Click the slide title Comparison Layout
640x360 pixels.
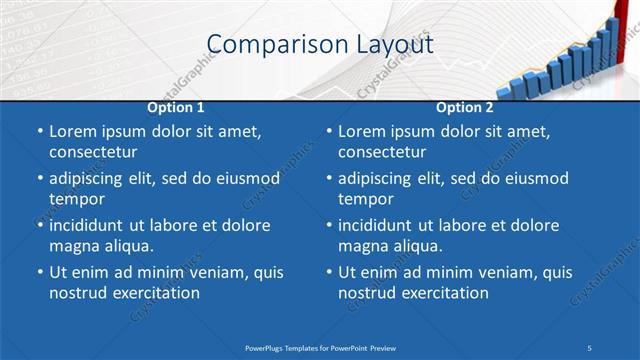pyautogui.click(x=320, y=45)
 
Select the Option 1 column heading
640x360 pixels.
pyautogui.click(x=176, y=107)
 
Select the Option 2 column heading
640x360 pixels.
pyautogui.click(x=465, y=107)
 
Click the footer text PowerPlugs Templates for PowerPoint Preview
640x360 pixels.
pyautogui.click(x=320, y=347)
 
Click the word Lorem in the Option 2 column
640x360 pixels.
pyautogui.click(x=362, y=131)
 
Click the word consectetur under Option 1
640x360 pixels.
pyautogui.click(x=93, y=152)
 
